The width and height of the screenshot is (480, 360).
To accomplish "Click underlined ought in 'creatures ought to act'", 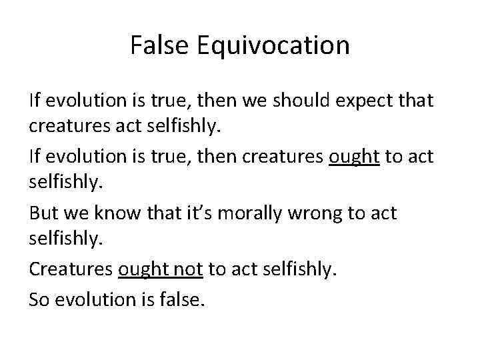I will click(355, 158).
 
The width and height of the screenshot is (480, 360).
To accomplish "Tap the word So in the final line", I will click(39, 300).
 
